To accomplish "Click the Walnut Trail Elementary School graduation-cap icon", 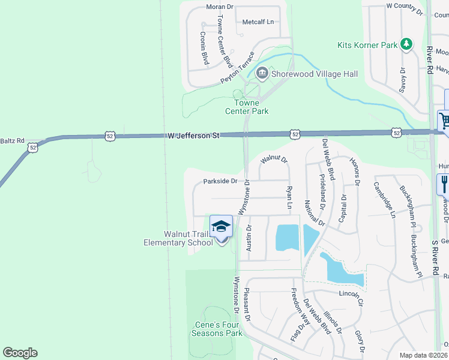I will pyautogui.click(x=221, y=227).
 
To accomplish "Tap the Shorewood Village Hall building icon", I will pyautogui.click(x=262, y=73).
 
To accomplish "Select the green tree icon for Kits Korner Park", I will pyautogui.click(x=406, y=44).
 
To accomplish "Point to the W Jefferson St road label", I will pyautogui.click(x=193, y=136).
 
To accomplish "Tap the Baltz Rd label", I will pyautogui.click(x=12, y=140).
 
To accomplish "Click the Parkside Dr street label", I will pyautogui.click(x=220, y=181).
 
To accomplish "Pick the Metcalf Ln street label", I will pyautogui.click(x=258, y=22).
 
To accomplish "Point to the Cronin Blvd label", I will pyautogui.click(x=203, y=48).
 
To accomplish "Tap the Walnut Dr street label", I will pyautogui.click(x=274, y=160).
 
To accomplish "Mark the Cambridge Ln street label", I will pyautogui.click(x=385, y=199).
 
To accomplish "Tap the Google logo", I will pyautogui.click(x=20, y=353).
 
